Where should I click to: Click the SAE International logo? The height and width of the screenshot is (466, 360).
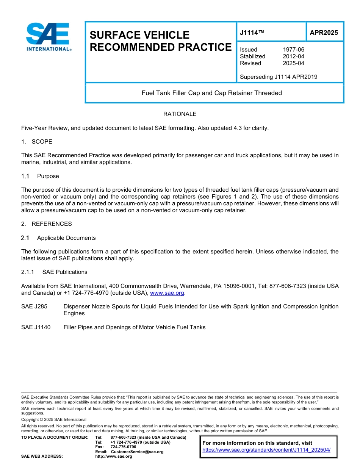click(x=49, y=37)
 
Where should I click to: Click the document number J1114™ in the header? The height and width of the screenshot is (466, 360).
click(x=252, y=33)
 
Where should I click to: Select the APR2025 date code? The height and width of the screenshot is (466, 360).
click(x=324, y=33)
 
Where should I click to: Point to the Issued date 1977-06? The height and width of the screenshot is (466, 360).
click(x=293, y=50)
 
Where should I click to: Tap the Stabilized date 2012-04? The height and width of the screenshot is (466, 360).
click(x=293, y=56)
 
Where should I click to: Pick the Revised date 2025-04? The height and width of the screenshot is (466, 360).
click(x=293, y=63)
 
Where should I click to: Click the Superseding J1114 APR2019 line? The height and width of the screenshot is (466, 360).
click(x=279, y=77)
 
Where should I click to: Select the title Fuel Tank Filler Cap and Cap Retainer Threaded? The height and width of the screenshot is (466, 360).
click(x=211, y=93)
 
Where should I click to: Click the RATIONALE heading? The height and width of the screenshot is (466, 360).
click(x=180, y=114)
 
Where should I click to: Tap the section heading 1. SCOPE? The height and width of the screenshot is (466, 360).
click(x=37, y=142)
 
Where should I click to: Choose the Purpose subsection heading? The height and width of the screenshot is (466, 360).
click(x=48, y=176)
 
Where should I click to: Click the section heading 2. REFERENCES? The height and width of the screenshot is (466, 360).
click(x=46, y=224)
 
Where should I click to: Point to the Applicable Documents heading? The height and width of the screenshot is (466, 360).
click(x=66, y=238)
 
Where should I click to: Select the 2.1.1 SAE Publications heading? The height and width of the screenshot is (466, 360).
click(x=54, y=272)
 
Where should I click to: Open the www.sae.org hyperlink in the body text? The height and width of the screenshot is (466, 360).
click(x=167, y=293)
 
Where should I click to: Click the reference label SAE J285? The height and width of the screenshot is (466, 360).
click(x=34, y=306)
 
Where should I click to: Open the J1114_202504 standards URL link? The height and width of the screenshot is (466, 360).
click(x=266, y=450)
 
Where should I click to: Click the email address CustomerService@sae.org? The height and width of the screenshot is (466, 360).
click(x=137, y=452)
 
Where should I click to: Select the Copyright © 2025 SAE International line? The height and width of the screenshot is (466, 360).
click(x=54, y=419)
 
